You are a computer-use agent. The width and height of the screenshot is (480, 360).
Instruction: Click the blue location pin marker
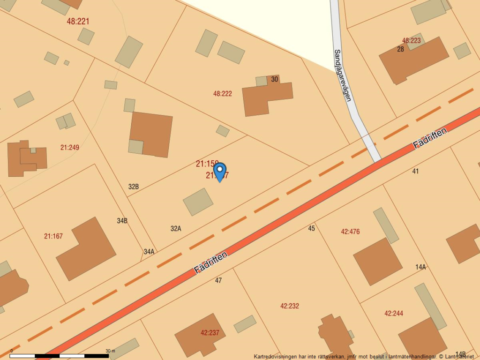click(219, 171)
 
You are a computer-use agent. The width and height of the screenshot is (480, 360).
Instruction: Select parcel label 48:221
click(78, 21)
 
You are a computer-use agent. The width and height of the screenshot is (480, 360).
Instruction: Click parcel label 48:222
click(223, 94)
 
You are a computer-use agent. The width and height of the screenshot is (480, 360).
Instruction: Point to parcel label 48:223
click(412, 41)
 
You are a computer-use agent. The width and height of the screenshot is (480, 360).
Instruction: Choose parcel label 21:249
click(70, 147)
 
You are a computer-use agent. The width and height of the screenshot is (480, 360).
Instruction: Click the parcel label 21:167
click(53, 236)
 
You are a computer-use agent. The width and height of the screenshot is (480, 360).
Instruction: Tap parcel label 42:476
click(351, 232)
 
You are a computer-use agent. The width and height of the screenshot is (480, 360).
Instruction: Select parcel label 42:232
click(290, 306)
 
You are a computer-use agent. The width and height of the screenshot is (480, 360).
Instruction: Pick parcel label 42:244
click(394, 314)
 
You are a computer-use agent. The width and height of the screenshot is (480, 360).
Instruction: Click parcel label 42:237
click(210, 333)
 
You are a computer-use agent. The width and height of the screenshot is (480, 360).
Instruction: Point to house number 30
click(275, 79)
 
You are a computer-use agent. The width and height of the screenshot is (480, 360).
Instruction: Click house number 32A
click(176, 229)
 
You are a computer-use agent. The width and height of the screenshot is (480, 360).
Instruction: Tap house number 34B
click(122, 221)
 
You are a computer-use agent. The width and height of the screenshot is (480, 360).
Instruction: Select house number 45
click(312, 228)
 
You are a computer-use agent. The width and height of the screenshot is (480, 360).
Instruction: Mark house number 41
click(415, 171)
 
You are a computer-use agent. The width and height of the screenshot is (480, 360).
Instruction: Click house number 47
click(218, 280)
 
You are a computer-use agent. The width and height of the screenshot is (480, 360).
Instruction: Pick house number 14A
click(420, 267)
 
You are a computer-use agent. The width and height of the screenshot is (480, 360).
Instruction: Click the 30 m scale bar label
click(110, 351)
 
